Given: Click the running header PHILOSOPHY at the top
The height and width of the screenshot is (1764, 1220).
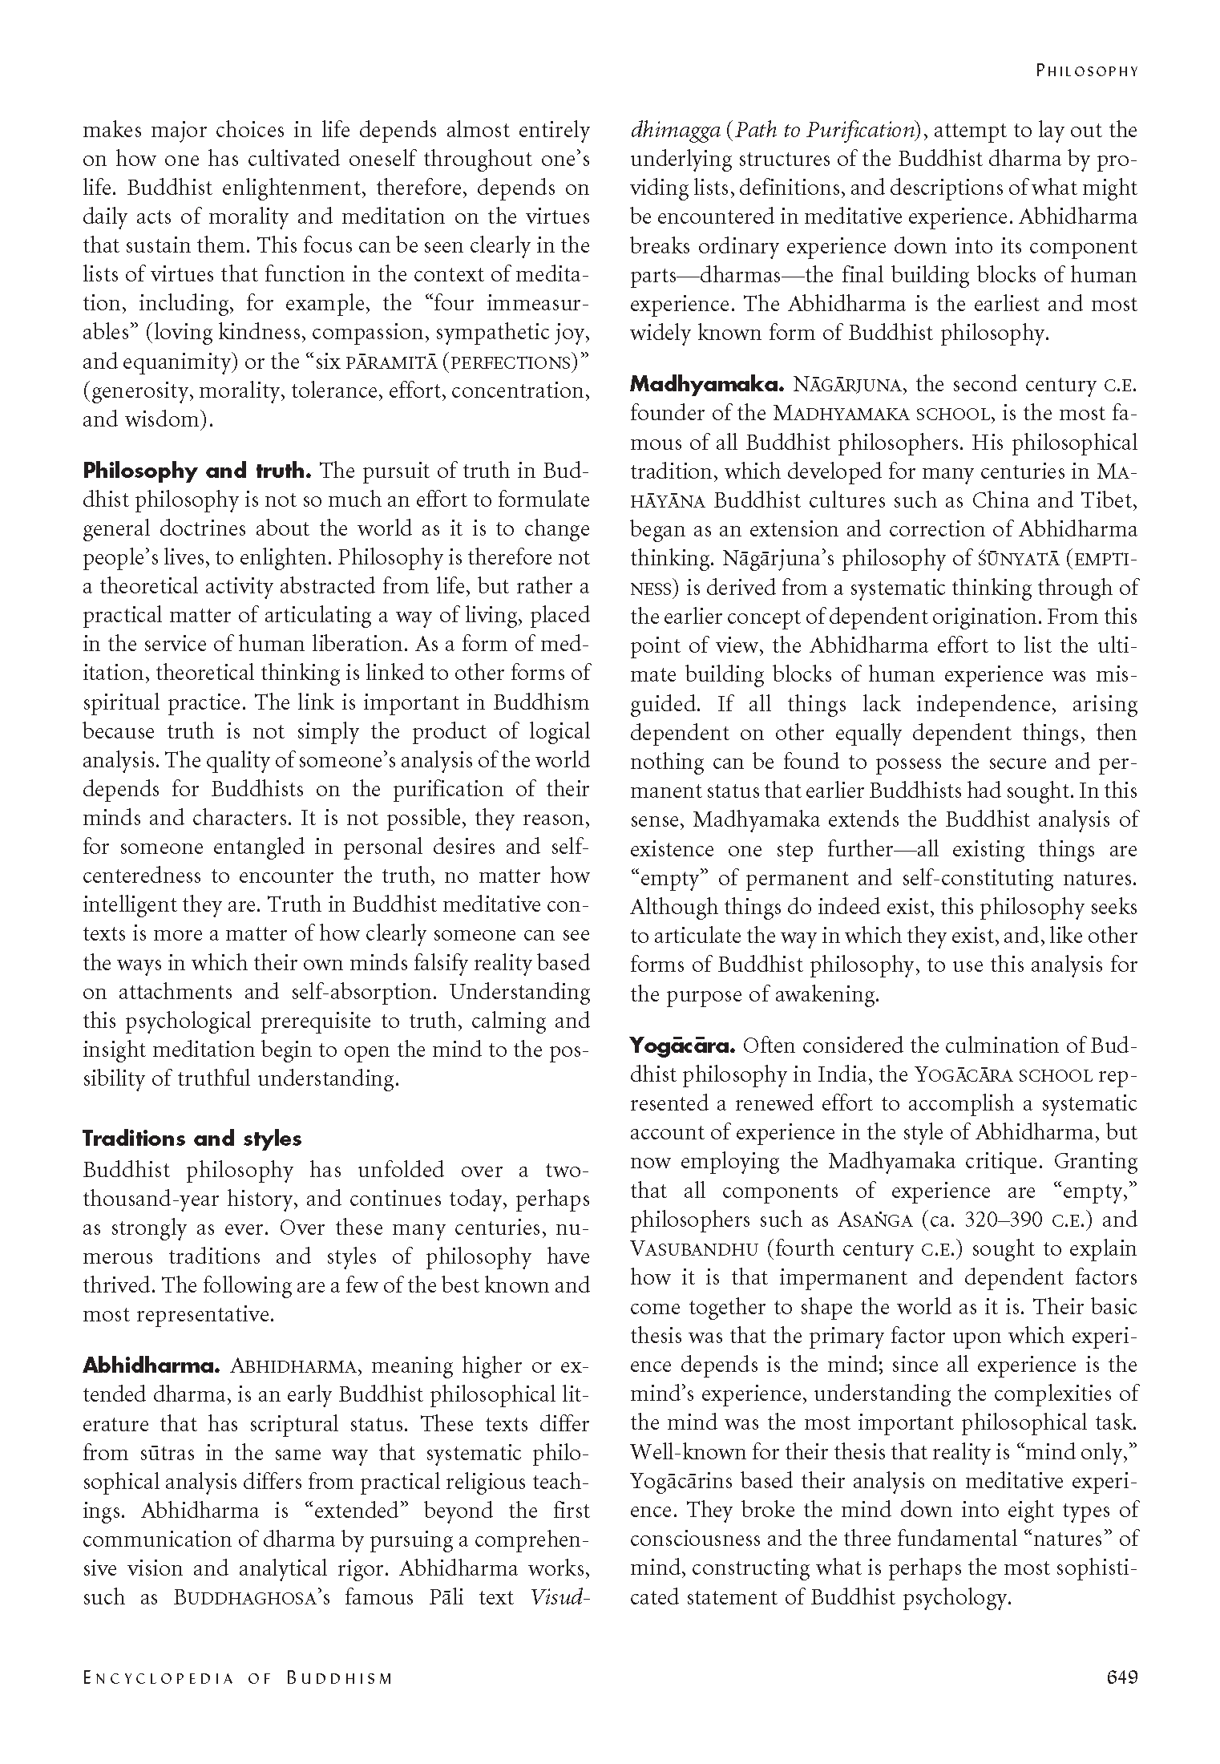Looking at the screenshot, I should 1086,71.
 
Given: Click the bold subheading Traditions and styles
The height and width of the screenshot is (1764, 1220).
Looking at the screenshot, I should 192,1139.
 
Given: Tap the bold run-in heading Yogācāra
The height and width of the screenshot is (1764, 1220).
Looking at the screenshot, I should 682,1046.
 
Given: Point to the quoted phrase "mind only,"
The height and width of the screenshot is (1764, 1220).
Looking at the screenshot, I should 1085,1452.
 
